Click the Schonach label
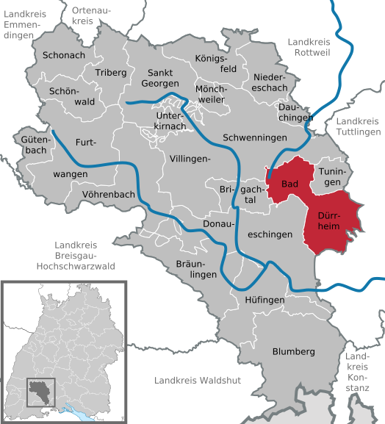pyautogui.click(x=64, y=55)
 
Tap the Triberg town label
pyautogui.click(x=111, y=73)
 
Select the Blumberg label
pyautogui.click(x=293, y=352)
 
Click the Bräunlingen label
pyautogui.click(x=197, y=269)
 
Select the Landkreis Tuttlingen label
pyautogui.click(x=359, y=126)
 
